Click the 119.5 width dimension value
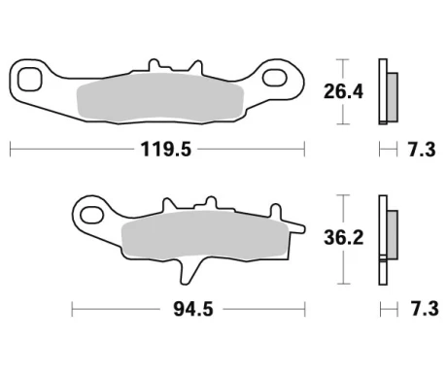pos(156,151)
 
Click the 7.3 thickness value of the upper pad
pos(421,151)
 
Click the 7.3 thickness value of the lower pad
pos(421,309)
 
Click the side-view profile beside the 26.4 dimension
pos(388,92)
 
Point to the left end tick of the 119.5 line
pos(10,151)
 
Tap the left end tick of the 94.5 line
pos(72,309)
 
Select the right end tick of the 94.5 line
pos(306,309)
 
